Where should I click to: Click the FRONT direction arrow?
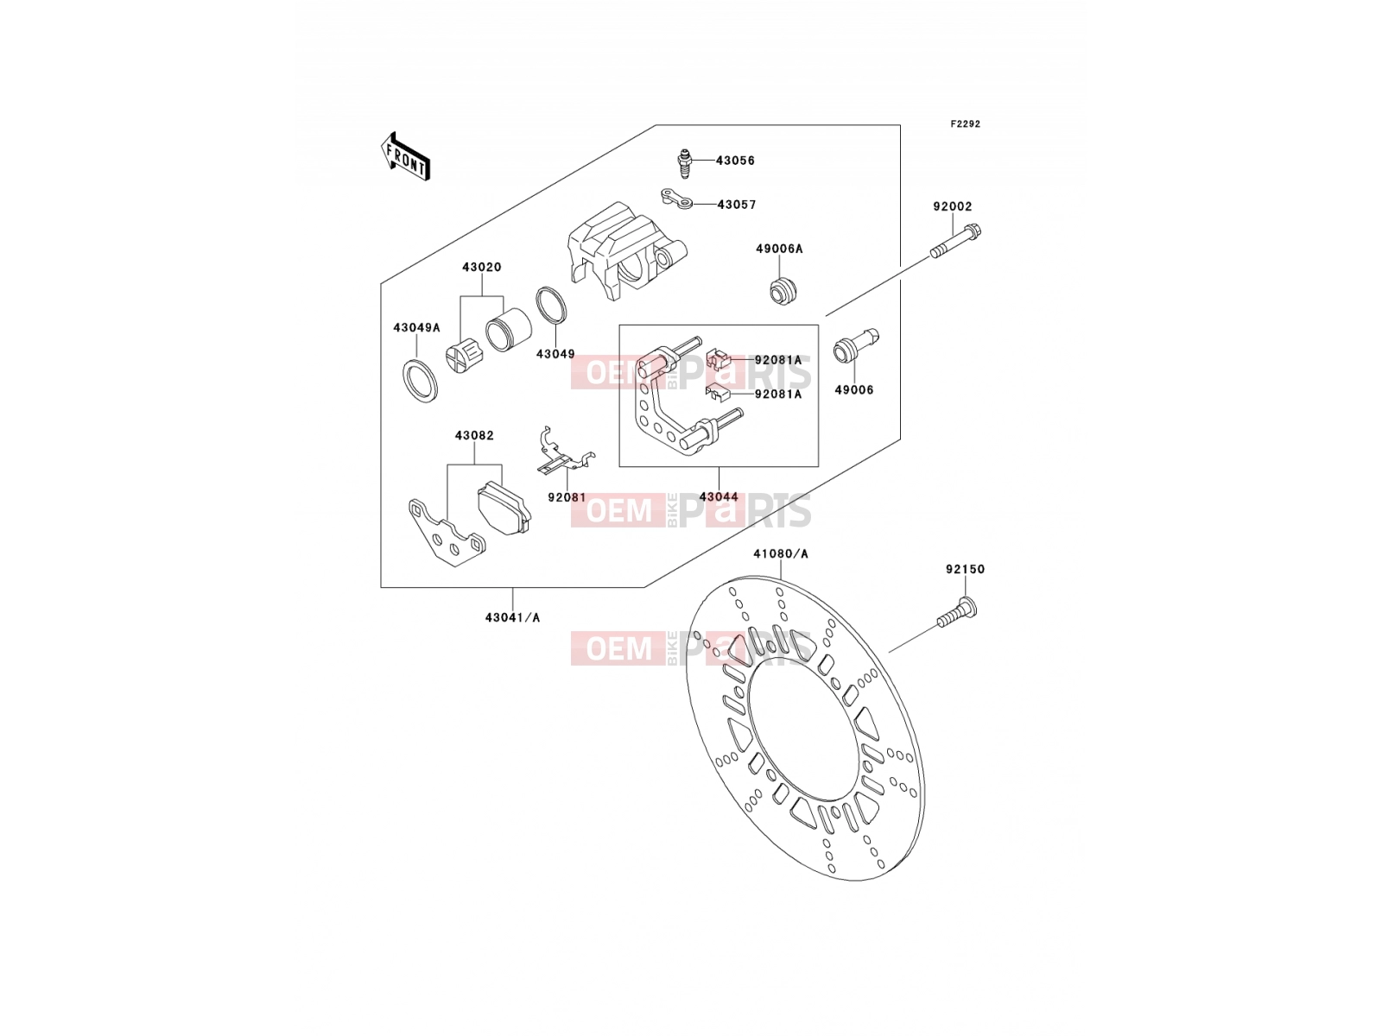point(405,156)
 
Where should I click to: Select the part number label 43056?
point(735,161)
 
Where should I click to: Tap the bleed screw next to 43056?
point(684,163)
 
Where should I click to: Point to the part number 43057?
point(737,205)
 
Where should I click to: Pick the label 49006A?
point(779,249)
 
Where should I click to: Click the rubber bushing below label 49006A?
point(783,289)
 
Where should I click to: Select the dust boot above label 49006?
point(855,344)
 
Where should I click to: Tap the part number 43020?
point(482,267)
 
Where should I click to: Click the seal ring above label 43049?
point(552,306)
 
